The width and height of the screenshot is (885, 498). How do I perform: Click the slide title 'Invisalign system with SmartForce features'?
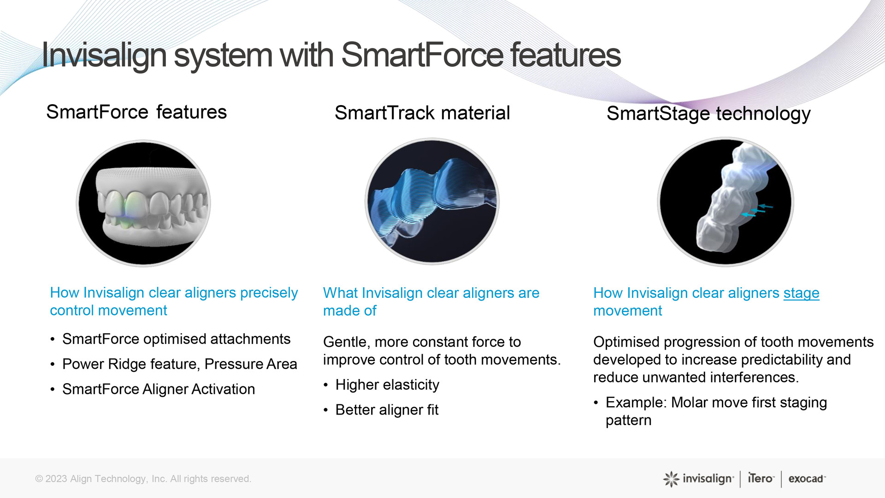331,55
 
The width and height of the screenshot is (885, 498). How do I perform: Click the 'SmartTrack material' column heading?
422,113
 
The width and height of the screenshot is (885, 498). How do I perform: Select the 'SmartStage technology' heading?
708,114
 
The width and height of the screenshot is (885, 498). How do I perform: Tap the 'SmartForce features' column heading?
136,112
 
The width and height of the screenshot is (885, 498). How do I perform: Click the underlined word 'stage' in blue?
801,293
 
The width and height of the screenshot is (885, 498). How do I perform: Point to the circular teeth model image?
143,203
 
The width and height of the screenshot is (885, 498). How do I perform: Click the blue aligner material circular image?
432,202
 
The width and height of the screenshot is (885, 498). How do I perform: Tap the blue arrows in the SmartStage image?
757,211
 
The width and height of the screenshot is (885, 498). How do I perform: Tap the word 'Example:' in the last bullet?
636,403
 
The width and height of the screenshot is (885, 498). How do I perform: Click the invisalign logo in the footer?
698,479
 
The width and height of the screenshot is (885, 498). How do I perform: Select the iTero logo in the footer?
761,479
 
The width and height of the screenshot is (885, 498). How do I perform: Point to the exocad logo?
807,479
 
